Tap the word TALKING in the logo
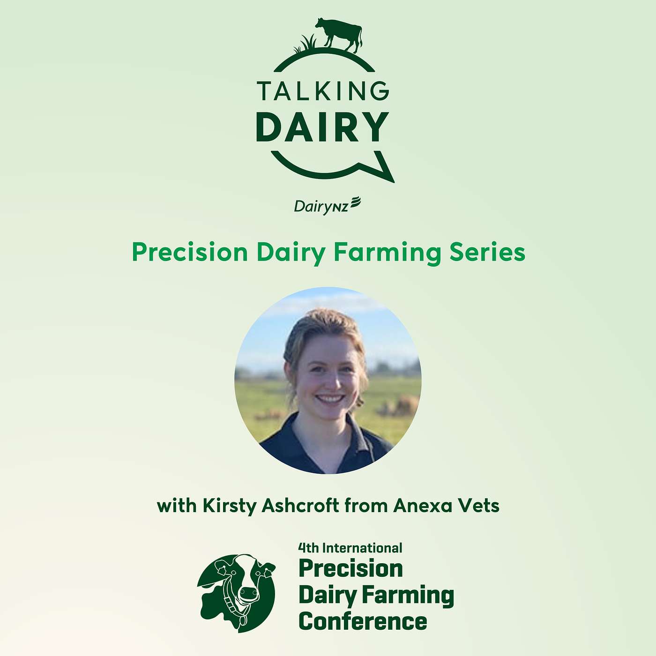coord(323,91)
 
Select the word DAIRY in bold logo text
coord(323,127)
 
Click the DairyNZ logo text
coord(327,206)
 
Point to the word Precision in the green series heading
coord(190,253)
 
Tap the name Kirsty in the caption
coord(229,506)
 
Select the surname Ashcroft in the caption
coord(300,506)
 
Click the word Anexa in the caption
coord(423,506)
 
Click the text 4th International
coord(350,548)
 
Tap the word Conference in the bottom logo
coord(363,621)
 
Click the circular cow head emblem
coord(236,593)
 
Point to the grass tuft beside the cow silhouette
coord(306,45)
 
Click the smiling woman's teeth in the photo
coord(330,399)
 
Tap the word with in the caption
coord(177,506)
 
